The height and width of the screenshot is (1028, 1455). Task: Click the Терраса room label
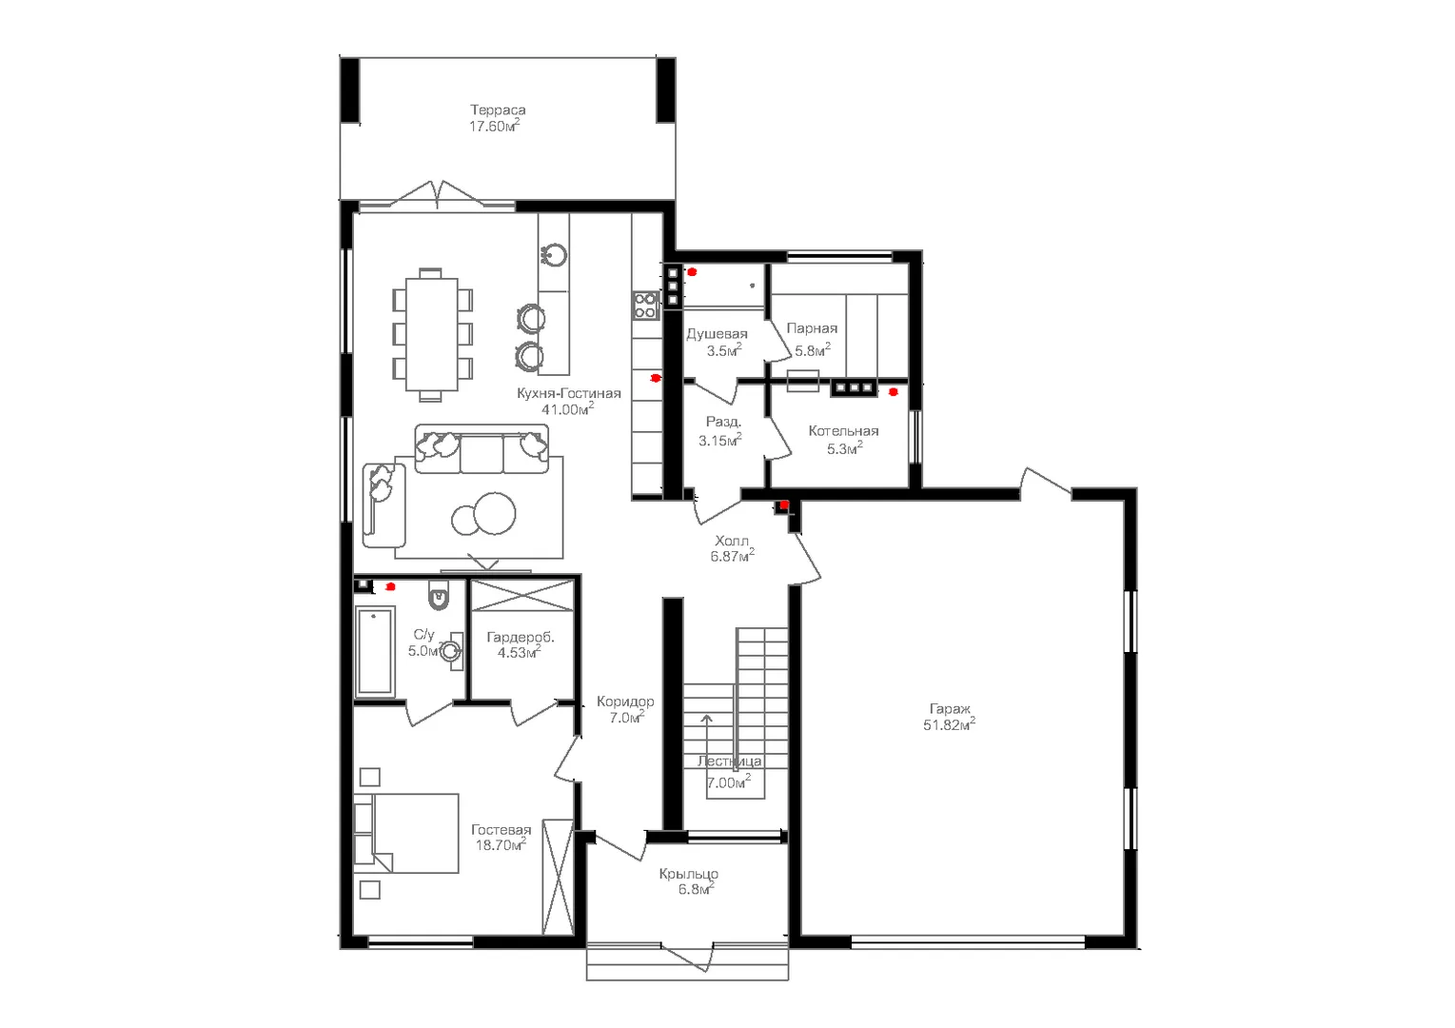click(x=498, y=109)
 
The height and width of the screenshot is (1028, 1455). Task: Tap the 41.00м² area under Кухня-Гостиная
click(x=568, y=408)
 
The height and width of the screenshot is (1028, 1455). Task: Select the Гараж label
click(x=949, y=708)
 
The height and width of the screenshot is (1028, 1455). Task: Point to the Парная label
click(x=812, y=328)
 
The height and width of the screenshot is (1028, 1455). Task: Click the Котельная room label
click(x=843, y=431)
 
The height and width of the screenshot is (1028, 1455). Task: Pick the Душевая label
click(x=718, y=334)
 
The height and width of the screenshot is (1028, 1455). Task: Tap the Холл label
click(x=732, y=541)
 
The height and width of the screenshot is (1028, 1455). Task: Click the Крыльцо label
click(x=689, y=874)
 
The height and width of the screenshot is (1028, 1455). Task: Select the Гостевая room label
click(x=501, y=830)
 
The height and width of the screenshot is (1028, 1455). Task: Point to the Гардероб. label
click(x=521, y=638)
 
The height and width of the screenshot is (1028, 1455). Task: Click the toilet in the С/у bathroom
click(x=439, y=595)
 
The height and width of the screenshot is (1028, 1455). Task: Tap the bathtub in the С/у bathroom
click(x=375, y=651)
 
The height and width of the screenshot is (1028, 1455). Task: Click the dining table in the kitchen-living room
click(x=432, y=334)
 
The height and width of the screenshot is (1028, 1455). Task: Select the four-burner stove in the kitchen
click(x=645, y=306)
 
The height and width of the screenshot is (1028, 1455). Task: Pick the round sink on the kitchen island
click(x=554, y=254)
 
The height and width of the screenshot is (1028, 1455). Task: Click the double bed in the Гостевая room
click(x=406, y=833)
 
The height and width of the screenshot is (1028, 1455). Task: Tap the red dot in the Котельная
click(x=894, y=392)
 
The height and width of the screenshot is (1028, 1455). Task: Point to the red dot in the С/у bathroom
click(x=390, y=586)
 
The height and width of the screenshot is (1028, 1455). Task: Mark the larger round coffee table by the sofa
click(x=495, y=513)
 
